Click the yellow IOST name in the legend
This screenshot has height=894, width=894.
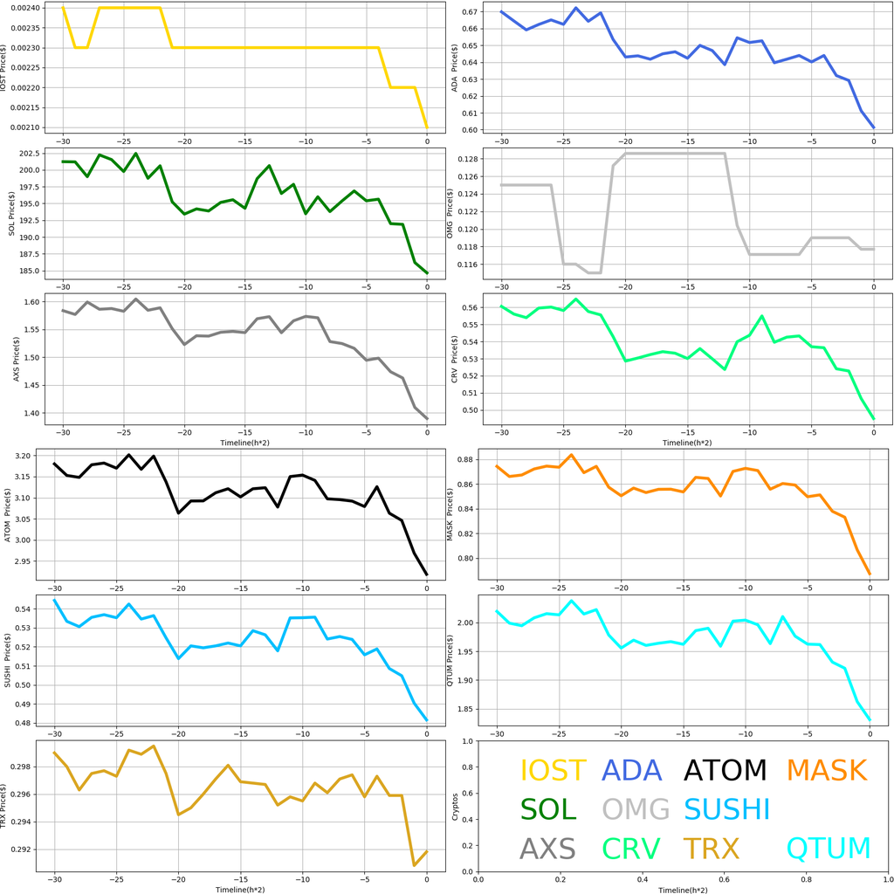(553, 770)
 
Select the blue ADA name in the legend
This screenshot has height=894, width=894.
(632, 770)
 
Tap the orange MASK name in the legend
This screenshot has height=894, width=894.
(826, 770)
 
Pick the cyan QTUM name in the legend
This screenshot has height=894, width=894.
(829, 849)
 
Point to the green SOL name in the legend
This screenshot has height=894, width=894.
(548, 809)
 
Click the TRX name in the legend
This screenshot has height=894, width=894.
(711, 849)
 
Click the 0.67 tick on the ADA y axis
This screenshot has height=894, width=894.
(468, 12)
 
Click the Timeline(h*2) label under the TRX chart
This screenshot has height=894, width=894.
(240, 889)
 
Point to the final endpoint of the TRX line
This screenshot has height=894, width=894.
(427, 851)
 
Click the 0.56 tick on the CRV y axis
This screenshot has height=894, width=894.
(468, 307)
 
